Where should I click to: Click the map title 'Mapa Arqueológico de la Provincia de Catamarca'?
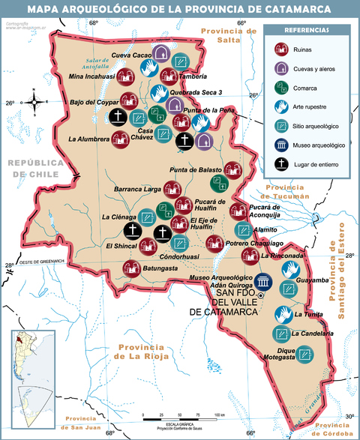click(x=180, y=9)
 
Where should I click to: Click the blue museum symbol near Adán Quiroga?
click(x=262, y=281)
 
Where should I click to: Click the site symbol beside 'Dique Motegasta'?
click(x=304, y=353)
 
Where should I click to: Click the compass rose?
click(x=35, y=102)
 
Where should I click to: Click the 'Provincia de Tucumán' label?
click(x=288, y=191)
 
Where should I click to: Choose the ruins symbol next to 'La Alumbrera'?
click(x=120, y=139)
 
